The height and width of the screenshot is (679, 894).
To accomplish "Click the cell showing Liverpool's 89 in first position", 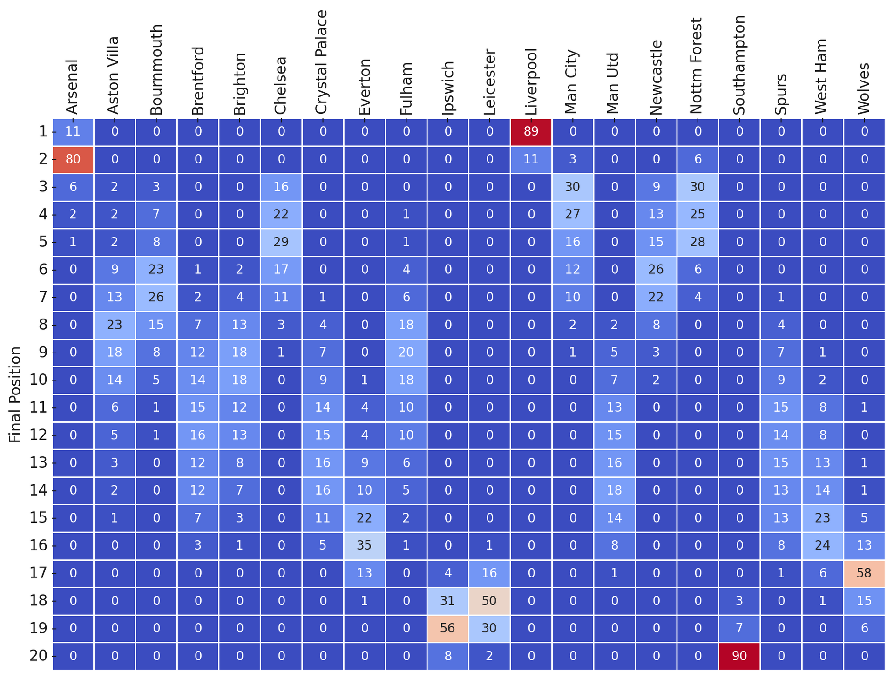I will [x=531, y=132].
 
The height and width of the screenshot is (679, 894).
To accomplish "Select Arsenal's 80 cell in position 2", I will [x=73, y=159].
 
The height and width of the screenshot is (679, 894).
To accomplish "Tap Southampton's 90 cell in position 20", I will [x=739, y=656].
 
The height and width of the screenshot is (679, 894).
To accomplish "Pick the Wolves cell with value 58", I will [x=864, y=573].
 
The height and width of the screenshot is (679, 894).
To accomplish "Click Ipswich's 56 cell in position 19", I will [x=448, y=628].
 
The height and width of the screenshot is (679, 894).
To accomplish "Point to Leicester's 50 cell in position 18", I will [x=489, y=601].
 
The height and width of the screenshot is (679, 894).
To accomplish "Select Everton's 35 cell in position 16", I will [x=365, y=545].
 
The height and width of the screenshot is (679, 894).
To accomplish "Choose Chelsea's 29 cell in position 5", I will [x=281, y=242].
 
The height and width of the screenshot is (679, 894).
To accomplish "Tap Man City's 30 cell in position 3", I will [x=573, y=187].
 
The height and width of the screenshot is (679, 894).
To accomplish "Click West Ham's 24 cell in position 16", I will [x=823, y=545].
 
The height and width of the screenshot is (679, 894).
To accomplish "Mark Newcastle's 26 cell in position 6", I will [x=656, y=270].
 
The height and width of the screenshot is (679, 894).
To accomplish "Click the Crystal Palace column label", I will [x=322, y=62].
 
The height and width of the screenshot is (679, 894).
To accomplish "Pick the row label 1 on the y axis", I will [x=43, y=132].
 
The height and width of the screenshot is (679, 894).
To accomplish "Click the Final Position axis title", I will [x=15, y=394].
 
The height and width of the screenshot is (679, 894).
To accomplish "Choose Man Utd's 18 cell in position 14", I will [x=615, y=490].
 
